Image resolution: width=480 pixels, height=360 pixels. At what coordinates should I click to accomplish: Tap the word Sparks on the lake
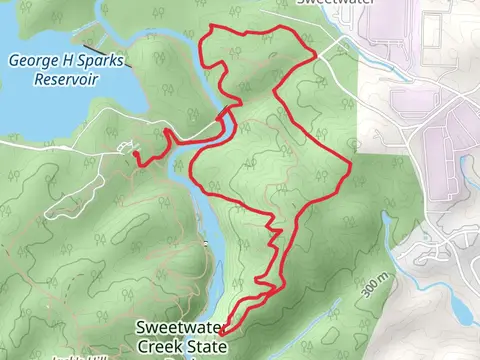tap(103, 60)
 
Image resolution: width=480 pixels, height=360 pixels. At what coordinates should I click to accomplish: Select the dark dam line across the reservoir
tap(92, 44)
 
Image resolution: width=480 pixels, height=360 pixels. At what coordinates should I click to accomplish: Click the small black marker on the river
tap(207, 243)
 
